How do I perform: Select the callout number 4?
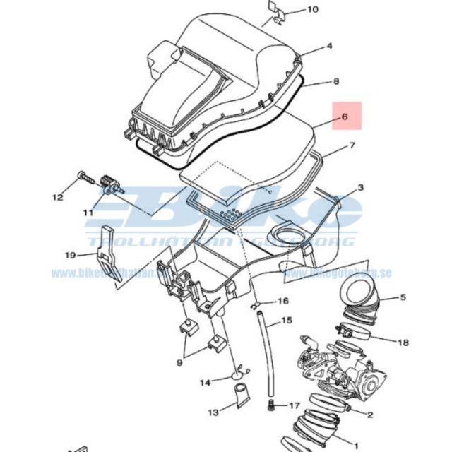click(328, 47)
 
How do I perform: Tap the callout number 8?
click(336, 82)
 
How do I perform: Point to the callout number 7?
click(352, 148)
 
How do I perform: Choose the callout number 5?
click(403, 297)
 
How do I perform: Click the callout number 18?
click(403, 343)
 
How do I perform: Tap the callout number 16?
click(282, 301)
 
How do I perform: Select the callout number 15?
click(286, 321)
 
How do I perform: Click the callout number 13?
click(213, 411)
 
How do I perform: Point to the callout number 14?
click(204, 383)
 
